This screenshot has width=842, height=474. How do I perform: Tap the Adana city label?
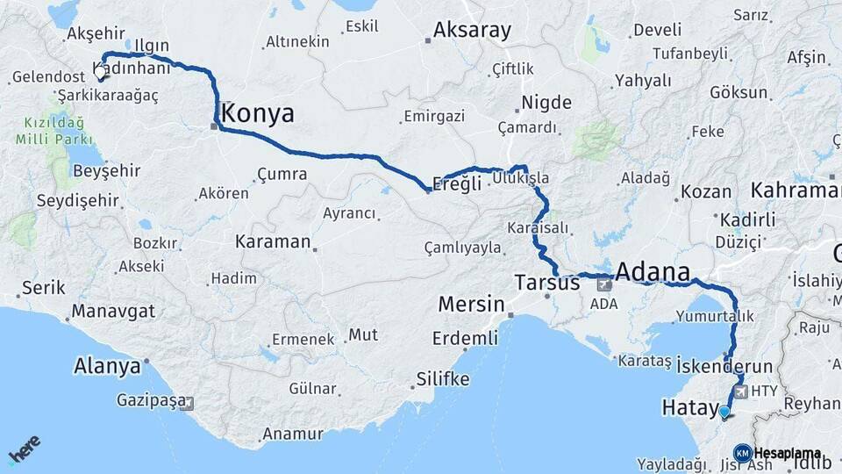click(x=653, y=271)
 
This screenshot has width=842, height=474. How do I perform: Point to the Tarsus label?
click(x=547, y=283)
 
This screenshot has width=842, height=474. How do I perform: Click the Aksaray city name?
click(x=472, y=31)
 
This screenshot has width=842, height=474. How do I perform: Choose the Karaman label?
click(x=273, y=241)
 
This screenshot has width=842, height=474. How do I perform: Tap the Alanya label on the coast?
click(x=107, y=366)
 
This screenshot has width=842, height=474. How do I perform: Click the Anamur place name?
click(x=294, y=434)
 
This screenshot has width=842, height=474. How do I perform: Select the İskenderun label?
click(x=725, y=365)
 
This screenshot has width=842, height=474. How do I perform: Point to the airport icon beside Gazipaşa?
click(x=186, y=404)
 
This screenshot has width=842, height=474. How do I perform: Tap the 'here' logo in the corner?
click(x=24, y=449)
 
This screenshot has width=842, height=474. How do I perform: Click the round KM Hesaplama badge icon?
click(x=742, y=453)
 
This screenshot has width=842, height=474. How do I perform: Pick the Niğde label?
click(x=546, y=103)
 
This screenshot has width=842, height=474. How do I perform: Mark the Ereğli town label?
click(x=458, y=184)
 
